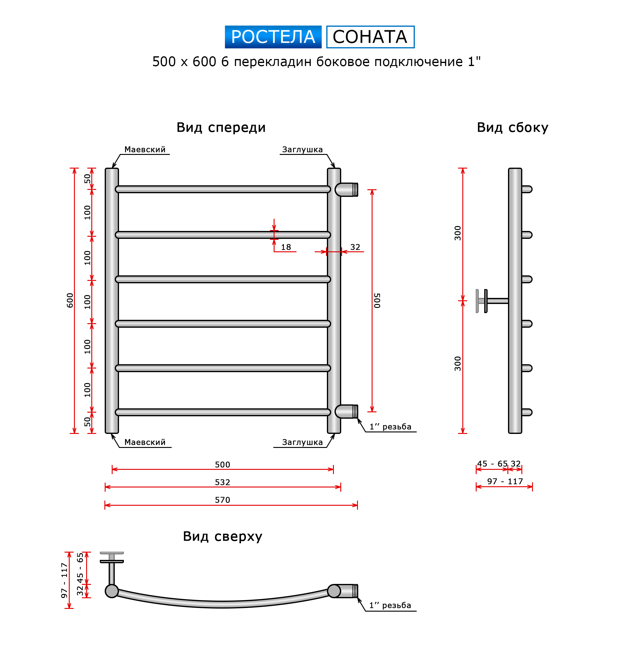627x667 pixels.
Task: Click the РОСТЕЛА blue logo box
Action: pyautogui.click(x=273, y=37)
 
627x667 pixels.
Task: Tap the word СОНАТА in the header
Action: pyautogui.click(x=370, y=37)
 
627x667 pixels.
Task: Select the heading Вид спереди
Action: pyautogui.click(x=221, y=128)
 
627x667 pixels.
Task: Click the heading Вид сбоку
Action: pyautogui.click(x=512, y=127)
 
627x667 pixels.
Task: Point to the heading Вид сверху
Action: pyautogui.click(x=222, y=536)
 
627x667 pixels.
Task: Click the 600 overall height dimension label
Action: pyautogui.click(x=70, y=300)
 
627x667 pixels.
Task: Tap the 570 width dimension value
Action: pyautogui.click(x=222, y=500)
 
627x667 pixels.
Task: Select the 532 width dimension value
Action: pyautogui.click(x=222, y=482)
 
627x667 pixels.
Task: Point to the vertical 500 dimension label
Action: pyautogui.click(x=377, y=300)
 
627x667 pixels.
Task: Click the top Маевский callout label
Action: pyautogui.click(x=145, y=150)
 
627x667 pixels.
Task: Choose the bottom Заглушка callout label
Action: pyautogui.click(x=303, y=442)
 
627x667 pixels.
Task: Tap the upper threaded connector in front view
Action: pyautogui.click(x=347, y=190)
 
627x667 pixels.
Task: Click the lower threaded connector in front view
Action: pyautogui.click(x=347, y=412)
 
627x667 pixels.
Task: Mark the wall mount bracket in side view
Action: pyautogui.click(x=492, y=301)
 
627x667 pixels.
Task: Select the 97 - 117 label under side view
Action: pyautogui.click(x=505, y=481)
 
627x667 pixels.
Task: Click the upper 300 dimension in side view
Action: pyautogui.click(x=458, y=233)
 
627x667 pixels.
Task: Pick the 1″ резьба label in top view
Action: pyautogui.click(x=390, y=605)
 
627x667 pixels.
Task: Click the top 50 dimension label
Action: pyautogui.click(x=87, y=179)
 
